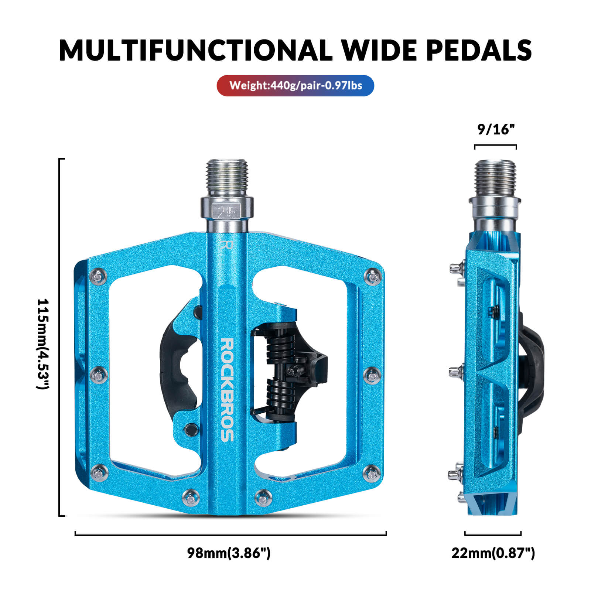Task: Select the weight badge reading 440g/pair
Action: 295,86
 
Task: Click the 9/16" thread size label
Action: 496,129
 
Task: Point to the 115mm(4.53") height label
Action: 43,344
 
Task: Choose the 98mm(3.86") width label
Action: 229,553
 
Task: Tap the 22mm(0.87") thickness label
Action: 493,553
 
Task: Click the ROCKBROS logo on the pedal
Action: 227,390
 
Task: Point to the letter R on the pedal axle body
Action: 226,246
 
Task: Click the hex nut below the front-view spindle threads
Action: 227,209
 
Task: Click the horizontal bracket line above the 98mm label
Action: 230,534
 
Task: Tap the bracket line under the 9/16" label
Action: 495,146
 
